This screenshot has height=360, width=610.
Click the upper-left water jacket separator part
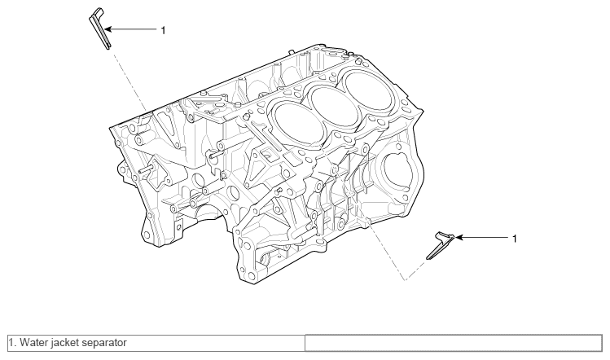tap(99, 29)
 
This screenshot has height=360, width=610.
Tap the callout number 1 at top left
tap(163, 29)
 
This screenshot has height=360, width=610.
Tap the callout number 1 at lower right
tap(513, 239)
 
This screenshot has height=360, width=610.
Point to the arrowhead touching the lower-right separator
tap(458, 238)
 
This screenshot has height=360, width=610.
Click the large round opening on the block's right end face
tap(399, 170)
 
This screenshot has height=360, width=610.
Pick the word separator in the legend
tap(103, 343)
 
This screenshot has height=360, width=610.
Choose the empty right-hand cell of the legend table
tap(454, 343)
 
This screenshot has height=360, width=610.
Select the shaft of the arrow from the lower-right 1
tap(485, 238)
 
